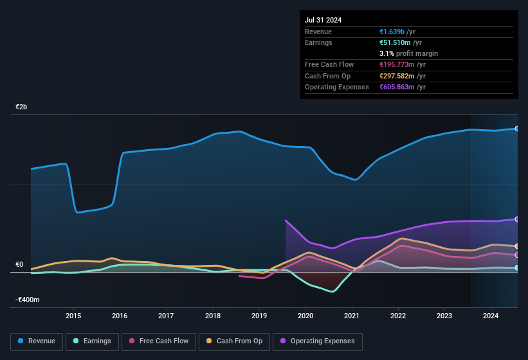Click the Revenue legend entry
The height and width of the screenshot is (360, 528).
coord(37,341)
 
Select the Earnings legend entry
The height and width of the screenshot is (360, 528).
coord(91,341)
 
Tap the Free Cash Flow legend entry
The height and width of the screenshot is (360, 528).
coord(159,341)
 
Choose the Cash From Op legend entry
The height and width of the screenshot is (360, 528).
coord(234,341)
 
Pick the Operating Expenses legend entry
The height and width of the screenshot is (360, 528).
coord(318,341)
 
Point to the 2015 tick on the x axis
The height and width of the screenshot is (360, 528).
coord(73,316)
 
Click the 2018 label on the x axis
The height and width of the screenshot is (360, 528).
coord(213,316)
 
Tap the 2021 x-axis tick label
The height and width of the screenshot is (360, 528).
coord(352,316)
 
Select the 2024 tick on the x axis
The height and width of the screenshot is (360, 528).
coord(491,316)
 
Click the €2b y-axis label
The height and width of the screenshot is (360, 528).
coord(22,107)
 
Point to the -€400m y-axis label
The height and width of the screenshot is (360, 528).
coord(28,300)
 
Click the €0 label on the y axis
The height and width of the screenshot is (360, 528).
coord(19,265)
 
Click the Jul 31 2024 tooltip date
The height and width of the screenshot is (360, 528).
coord(323,20)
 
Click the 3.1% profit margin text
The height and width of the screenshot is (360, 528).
coord(408,53)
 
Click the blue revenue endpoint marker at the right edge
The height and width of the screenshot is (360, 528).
coord(517,129)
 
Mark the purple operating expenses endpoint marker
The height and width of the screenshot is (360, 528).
coord(517,219)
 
